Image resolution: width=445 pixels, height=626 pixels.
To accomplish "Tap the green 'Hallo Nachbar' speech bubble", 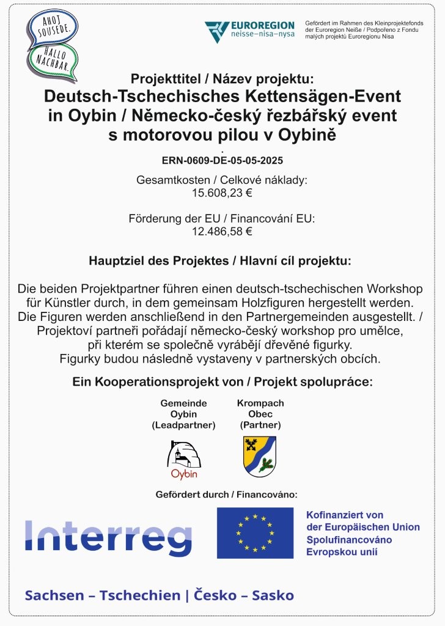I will pos(54,60).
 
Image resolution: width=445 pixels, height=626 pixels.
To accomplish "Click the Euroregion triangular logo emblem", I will pos(216,31).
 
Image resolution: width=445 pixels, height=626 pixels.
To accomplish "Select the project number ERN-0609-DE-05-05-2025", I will pos(222,161).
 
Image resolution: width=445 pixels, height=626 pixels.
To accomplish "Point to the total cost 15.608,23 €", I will pos(222,193).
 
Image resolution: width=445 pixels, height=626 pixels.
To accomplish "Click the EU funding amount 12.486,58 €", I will pos(222,231).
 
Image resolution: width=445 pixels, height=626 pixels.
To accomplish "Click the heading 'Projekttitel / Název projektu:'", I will pos(222,79).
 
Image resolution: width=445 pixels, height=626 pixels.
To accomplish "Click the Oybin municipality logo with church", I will pos(184,458).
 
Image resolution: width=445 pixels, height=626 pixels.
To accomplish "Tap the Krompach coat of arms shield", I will pos(260,456).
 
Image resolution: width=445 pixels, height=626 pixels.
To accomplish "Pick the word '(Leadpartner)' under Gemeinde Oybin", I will pos(183,425).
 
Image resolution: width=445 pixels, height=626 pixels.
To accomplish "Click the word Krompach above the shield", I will pos(260,403).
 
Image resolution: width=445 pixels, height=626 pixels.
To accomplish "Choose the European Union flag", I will pos(255,532).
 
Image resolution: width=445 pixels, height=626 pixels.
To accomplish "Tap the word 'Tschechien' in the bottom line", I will pos(131,595).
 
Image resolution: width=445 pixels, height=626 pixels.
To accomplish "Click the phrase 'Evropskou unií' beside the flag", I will pos(342,552).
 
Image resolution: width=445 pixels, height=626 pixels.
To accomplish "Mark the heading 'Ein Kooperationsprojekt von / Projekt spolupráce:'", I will pos(222,382).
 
